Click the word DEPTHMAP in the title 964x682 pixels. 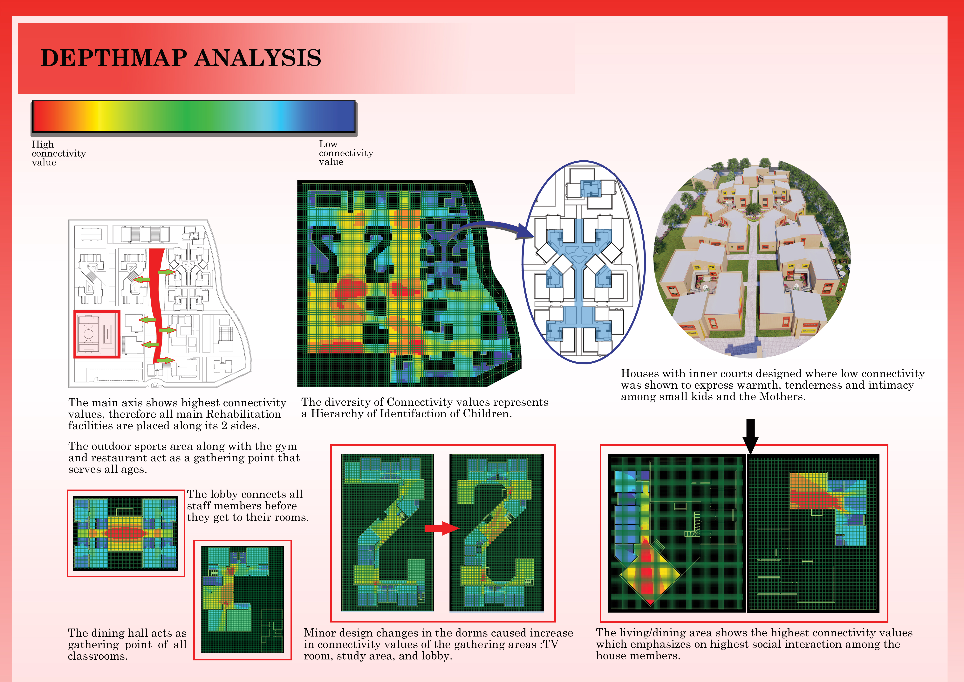(113, 58)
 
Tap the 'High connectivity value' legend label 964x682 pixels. (59, 153)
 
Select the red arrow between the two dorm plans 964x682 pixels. (442, 528)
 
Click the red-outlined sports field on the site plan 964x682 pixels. (97, 334)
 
